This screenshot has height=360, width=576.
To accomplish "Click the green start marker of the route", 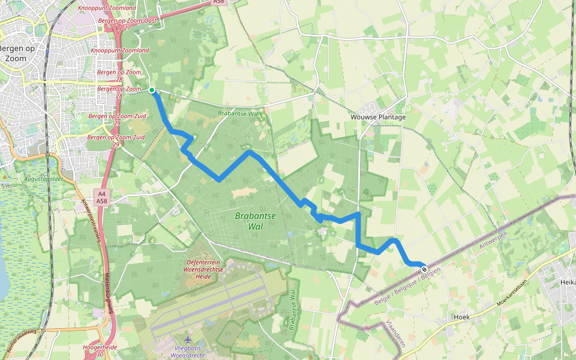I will (152, 91).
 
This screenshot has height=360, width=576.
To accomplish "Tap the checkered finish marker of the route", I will (424, 269).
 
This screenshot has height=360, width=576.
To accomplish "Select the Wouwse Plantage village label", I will (378, 117).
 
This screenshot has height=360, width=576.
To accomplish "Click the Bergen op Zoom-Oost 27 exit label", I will (127, 23).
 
